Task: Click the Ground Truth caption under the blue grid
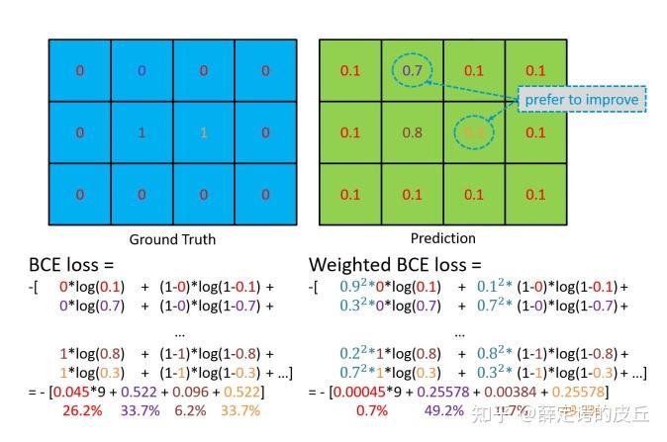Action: point(172,239)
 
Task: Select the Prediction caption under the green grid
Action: point(442,238)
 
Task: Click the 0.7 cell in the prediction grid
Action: point(412,70)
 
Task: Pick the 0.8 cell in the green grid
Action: point(412,132)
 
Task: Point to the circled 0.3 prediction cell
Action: point(473,132)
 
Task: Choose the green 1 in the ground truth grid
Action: point(142,132)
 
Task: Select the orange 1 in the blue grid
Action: point(203,132)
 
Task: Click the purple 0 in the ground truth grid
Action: point(142,70)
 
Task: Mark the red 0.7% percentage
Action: point(371,410)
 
